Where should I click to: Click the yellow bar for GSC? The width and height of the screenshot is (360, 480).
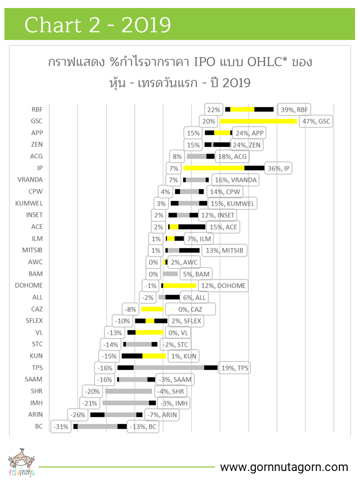point(258,121)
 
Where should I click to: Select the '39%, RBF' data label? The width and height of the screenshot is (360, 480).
point(294,109)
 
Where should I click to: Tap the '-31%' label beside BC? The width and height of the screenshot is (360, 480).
point(60,426)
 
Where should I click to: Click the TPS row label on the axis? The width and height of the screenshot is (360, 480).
point(37,367)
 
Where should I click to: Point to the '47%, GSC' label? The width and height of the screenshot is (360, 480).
point(316,121)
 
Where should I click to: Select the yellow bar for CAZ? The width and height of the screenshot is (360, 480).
point(152,309)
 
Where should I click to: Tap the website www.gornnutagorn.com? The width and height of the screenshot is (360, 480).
point(284,467)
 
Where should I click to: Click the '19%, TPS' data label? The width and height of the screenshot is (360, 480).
point(235,368)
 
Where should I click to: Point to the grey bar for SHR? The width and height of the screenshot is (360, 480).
point(128,391)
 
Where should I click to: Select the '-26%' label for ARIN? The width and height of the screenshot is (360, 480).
point(78,414)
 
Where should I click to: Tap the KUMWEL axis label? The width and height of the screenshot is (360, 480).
point(30,203)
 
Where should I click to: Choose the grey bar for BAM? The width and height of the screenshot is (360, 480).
point(170,273)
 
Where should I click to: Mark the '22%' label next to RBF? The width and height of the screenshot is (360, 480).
point(213,109)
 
